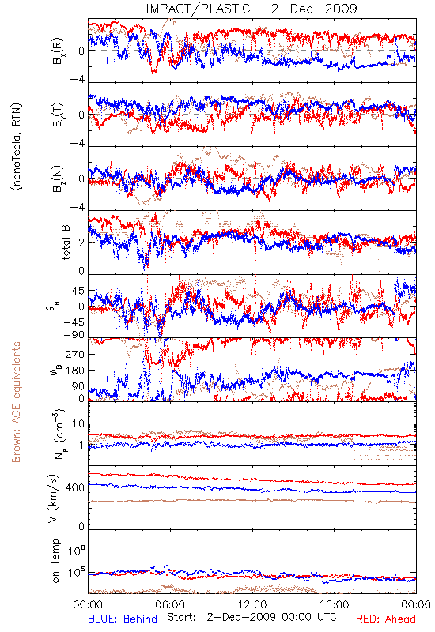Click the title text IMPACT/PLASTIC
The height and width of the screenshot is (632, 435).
coord(199,9)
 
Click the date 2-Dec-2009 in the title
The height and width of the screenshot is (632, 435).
coord(314,9)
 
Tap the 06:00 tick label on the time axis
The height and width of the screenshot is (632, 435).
coord(170,604)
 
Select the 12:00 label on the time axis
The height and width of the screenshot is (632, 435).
coord(252,604)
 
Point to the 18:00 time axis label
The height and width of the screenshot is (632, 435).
coord(335,604)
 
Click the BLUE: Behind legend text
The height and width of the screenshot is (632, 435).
coord(123,619)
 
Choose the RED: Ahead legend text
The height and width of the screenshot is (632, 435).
coord(386,619)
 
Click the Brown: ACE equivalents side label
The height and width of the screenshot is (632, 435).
coord(16,402)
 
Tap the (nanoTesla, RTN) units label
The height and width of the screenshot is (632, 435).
coord(17,147)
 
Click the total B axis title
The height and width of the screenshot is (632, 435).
coord(66,243)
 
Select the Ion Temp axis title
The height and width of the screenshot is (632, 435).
coord(55,562)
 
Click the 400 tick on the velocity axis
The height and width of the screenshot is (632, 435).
coord(75,487)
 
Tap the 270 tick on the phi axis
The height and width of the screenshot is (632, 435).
coord(75,354)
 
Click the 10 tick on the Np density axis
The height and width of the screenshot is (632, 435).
coord(78,423)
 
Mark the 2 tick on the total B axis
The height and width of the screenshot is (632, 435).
coord(81,243)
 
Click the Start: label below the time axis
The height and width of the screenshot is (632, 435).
coord(182,617)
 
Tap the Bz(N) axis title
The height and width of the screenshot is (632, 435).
coord(56,179)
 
